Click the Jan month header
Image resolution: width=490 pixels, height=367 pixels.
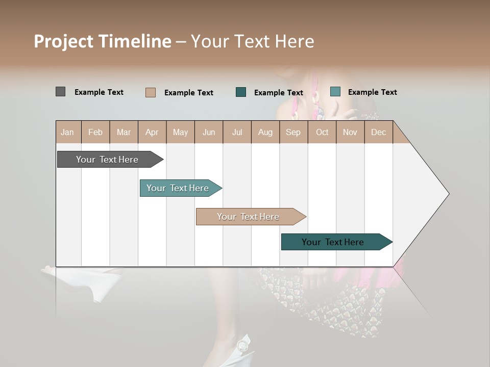67,132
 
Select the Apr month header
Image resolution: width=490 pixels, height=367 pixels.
152,132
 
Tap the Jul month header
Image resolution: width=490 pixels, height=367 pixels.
237,132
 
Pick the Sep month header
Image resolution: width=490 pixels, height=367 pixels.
293,132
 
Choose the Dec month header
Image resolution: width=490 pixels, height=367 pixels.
378,132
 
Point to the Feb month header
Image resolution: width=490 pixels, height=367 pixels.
95,132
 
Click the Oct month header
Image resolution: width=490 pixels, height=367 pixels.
322,132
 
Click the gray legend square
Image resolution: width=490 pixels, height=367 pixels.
60,92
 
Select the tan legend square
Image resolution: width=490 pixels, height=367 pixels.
150,92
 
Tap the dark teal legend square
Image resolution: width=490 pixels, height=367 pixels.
241,92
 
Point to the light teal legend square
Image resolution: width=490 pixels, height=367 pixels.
335,92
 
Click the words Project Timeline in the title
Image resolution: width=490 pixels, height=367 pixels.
103,41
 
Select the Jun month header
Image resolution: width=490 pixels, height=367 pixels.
209,132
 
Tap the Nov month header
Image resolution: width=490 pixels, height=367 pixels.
350,132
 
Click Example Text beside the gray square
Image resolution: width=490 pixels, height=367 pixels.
99,92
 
